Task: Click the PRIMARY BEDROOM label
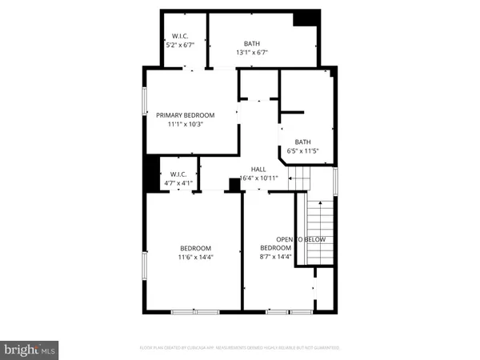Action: [191, 114]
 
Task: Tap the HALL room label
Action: [258, 169]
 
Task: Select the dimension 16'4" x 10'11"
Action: [258, 178]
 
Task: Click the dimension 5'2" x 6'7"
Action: [179, 45]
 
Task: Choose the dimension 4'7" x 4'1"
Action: [178, 183]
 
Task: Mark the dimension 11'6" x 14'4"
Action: [196, 257]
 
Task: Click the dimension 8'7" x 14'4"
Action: [275, 257]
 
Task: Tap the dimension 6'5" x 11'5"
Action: [303, 150]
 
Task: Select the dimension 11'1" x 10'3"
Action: [191, 124]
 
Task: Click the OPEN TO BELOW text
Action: [301, 240]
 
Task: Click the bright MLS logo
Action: [30, 349]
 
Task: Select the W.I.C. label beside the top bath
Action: [179, 36]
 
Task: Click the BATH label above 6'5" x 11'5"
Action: [302, 142]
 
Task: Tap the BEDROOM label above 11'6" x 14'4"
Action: [196, 248]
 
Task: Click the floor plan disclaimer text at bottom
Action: [240, 348]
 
